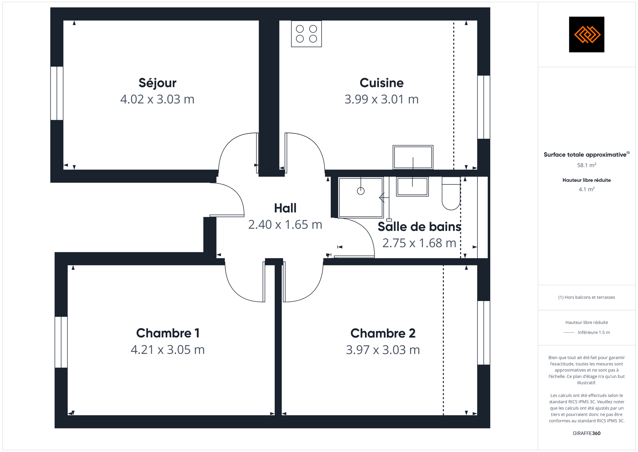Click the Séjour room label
coord(157,83)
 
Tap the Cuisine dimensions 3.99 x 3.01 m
coord(382,99)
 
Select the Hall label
coord(285,208)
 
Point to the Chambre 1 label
coord(168,333)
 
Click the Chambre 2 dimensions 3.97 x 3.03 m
coord(383,350)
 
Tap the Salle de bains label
coord(419,227)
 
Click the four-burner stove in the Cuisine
coord(306,34)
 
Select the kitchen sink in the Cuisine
coord(413,157)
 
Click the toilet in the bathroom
coord(451,193)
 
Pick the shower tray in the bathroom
coord(361,198)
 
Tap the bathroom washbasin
coord(412,187)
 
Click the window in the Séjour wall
coord(57,93)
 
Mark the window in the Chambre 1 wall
coord(61,342)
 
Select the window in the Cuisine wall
coord(484,107)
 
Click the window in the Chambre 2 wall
coord(484,333)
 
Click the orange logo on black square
coord(587,35)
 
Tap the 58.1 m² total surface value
coord(587,165)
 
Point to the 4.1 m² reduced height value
coord(587,189)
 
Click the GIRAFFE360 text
coord(587,433)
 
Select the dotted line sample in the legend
coord(569,332)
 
